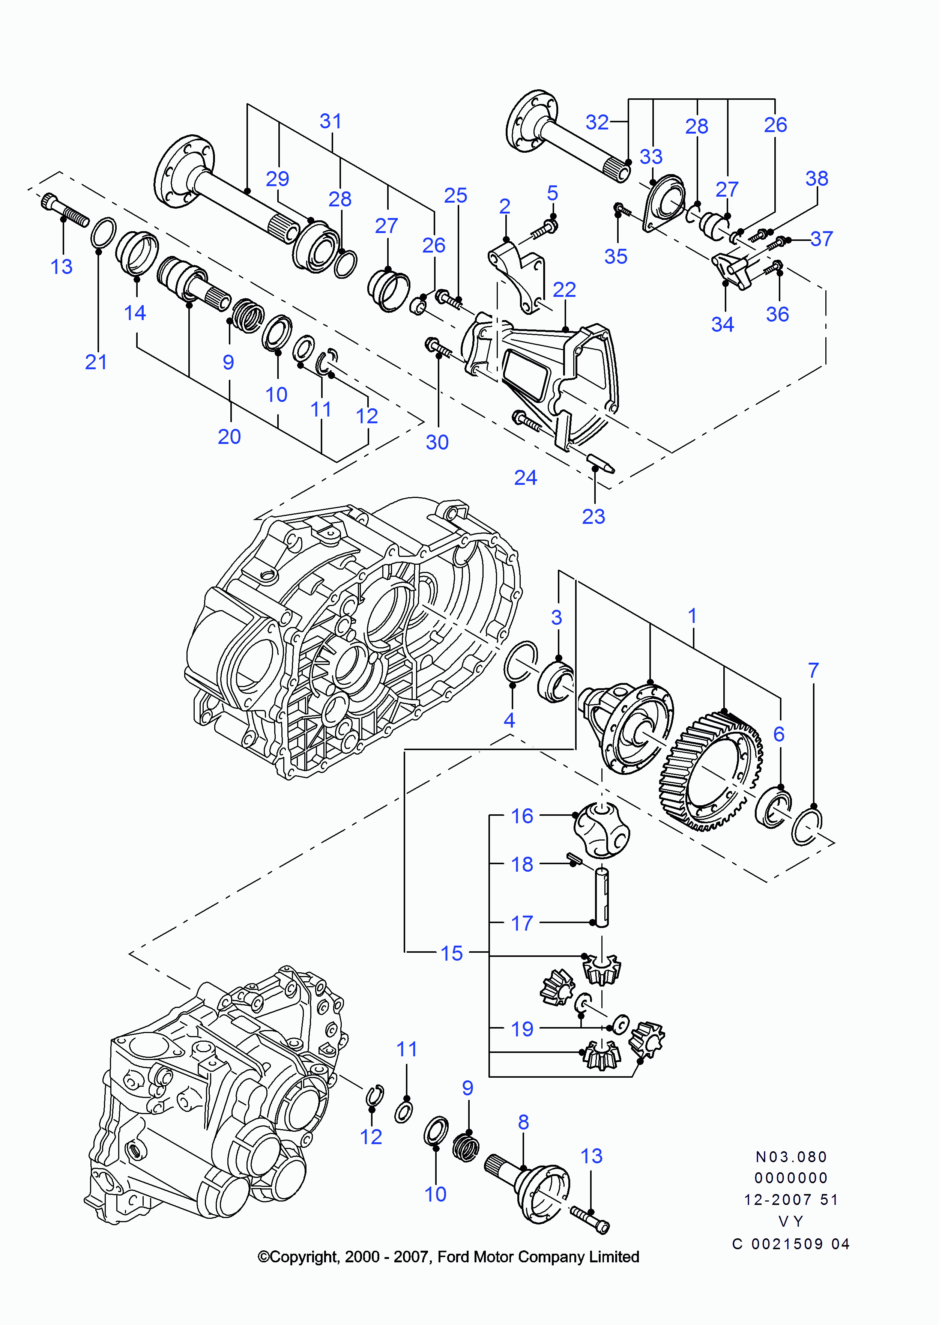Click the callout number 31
click(x=331, y=122)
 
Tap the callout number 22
click(x=564, y=290)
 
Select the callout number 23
click(x=593, y=516)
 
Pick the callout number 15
click(x=452, y=953)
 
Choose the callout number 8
click(x=523, y=1122)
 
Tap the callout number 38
click(x=816, y=178)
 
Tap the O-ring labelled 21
click(x=103, y=233)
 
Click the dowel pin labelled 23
click(x=601, y=463)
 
